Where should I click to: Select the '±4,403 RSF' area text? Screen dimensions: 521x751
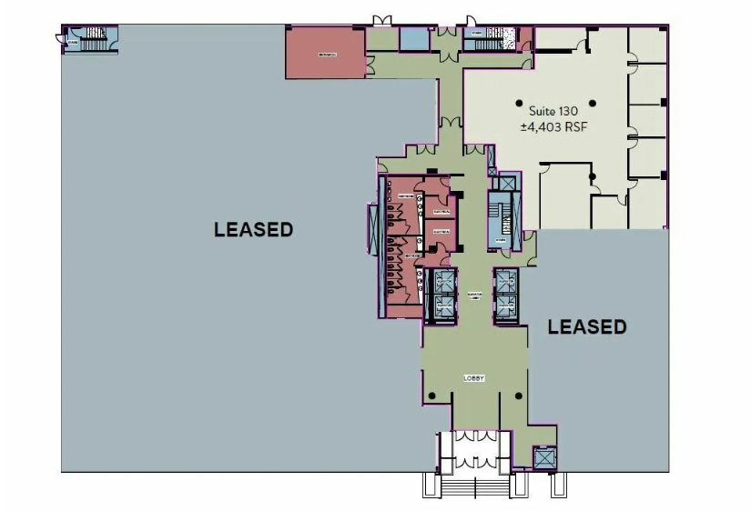(x=553, y=128)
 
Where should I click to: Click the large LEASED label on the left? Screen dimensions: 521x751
(x=253, y=230)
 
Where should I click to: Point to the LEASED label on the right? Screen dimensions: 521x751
(x=586, y=326)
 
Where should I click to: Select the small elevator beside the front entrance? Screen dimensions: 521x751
(x=543, y=458)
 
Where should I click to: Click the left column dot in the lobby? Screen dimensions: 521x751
(x=432, y=395)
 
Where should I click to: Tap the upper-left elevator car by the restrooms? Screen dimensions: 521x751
(x=445, y=281)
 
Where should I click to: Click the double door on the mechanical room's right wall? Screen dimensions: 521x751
(x=370, y=64)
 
